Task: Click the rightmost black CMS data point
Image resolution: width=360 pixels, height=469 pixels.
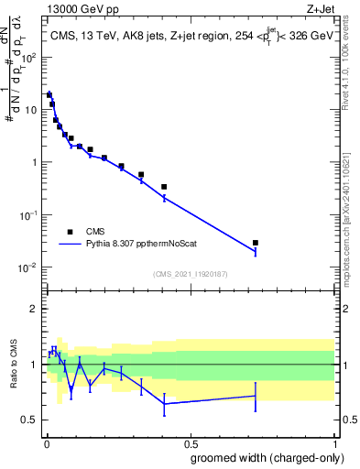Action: [256, 243]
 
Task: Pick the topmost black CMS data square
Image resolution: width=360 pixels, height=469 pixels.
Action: [49, 94]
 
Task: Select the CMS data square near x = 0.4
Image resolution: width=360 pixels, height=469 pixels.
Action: [164, 187]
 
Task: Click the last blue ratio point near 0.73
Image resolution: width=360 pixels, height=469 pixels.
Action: [256, 397]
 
